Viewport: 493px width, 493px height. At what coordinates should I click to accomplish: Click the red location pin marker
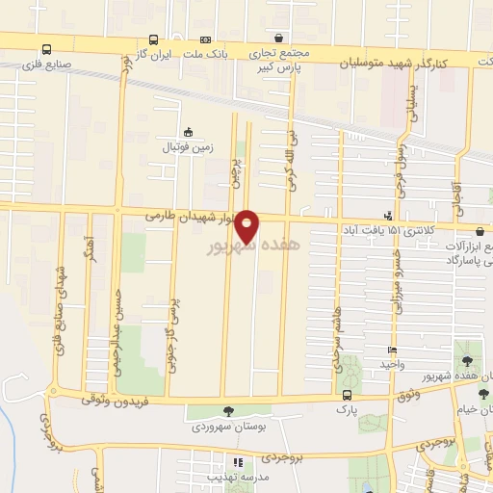coord(247,225)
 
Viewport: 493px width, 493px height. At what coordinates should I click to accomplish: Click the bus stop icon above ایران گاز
coord(154,40)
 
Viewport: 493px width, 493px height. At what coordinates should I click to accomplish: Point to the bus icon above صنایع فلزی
coord(47,48)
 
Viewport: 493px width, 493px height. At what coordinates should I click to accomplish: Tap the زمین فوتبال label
coord(188,147)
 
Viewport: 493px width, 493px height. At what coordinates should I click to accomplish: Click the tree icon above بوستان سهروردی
coord(227,412)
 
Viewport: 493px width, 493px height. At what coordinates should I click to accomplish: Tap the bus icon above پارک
coord(347,395)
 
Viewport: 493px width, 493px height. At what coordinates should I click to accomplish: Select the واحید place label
coord(391,365)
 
